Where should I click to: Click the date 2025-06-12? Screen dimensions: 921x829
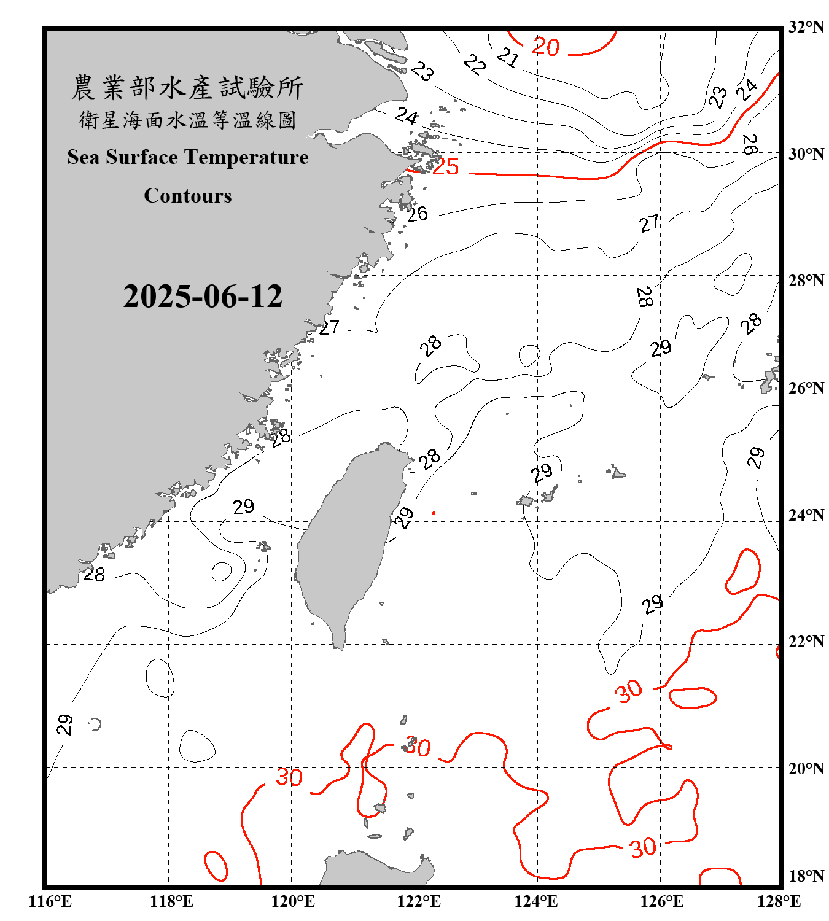click(203, 296)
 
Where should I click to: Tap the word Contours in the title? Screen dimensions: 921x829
click(188, 196)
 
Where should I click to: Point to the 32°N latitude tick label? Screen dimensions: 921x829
click(806, 27)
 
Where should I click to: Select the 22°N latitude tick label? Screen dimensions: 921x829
click(806, 642)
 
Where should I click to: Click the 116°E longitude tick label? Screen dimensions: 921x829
click(50, 901)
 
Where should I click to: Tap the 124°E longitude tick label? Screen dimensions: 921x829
click(536, 901)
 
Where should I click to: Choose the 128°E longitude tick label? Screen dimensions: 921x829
click(779, 901)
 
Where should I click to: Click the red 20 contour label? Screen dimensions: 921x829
click(545, 47)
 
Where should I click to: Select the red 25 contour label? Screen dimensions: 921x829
click(446, 166)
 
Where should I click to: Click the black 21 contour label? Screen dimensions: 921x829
click(508, 58)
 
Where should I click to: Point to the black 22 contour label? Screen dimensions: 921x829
click(474, 64)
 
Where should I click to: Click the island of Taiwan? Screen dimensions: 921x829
click(347, 540)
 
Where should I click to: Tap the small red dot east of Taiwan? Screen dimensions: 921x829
click(434, 513)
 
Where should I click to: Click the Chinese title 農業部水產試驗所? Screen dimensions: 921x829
click(187, 88)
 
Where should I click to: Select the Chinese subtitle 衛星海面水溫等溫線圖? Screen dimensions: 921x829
click(187, 120)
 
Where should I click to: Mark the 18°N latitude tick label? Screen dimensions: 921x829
click(806, 876)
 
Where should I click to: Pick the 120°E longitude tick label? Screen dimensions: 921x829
click(293, 901)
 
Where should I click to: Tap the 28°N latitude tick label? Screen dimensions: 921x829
click(806, 281)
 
